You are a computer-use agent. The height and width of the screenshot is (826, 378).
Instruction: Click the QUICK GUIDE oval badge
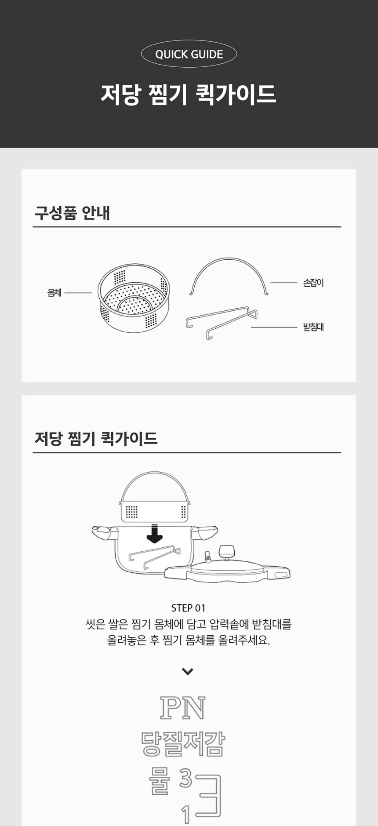click(x=189, y=54)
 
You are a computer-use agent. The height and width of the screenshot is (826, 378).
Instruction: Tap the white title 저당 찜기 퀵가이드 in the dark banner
click(x=189, y=95)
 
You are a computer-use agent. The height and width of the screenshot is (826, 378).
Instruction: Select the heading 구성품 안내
click(x=72, y=213)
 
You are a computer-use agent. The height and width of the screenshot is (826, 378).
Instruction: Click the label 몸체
click(x=54, y=293)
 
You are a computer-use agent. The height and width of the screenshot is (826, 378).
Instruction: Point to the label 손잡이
click(x=313, y=283)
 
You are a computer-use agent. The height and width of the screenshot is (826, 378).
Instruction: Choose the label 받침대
click(x=313, y=327)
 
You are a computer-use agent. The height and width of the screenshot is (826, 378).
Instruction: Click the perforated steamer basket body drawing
click(x=134, y=298)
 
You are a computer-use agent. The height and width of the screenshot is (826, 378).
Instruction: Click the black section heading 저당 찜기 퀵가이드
click(x=96, y=438)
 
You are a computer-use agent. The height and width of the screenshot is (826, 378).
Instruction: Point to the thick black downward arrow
click(x=154, y=534)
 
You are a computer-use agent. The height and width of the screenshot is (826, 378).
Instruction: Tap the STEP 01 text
click(x=188, y=608)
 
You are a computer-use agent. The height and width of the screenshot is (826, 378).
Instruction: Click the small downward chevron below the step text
click(x=188, y=671)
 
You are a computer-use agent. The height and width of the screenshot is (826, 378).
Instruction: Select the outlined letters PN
click(x=182, y=708)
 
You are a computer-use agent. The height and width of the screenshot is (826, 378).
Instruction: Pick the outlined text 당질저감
click(x=183, y=744)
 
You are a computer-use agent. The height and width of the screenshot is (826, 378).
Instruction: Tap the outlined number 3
click(x=185, y=779)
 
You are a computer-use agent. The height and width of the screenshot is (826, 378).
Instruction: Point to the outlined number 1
click(x=186, y=815)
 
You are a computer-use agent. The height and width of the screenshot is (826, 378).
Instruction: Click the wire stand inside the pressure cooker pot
click(x=154, y=556)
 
